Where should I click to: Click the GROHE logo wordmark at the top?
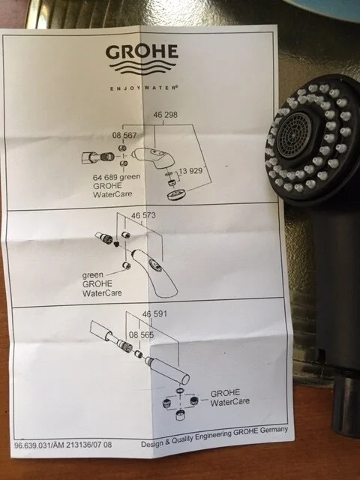142,52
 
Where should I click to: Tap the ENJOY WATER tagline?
144,88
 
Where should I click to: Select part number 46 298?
165,115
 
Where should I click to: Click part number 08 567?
124,135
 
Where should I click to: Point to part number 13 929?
190,171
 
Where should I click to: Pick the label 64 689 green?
117,177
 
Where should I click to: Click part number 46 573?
143,215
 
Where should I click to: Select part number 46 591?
154,313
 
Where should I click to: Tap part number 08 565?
141,334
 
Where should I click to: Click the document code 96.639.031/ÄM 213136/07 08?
63,445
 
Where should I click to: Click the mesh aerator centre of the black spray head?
293,135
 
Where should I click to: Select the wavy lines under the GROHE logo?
142,67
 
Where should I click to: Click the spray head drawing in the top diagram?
152,157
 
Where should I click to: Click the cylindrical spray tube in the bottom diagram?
167,370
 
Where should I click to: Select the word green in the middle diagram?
92,275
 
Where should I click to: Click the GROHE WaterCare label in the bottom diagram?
229,397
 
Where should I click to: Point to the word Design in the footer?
152,443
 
